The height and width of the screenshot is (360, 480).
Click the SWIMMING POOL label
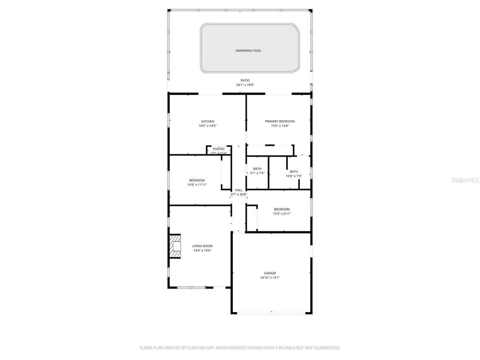(x=248, y=51)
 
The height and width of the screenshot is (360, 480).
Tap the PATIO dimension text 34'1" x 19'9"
(x=245, y=85)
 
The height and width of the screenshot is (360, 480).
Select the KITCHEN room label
(x=207, y=121)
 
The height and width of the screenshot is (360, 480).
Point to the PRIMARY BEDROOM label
(x=280, y=121)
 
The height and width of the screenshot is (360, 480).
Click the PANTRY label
(x=219, y=149)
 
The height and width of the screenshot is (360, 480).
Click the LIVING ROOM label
(x=202, y=246)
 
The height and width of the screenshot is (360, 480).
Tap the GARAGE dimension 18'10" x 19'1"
(x=270, y=278)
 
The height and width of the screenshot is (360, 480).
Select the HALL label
(x=238, y=190)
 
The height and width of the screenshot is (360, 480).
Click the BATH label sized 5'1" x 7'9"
(x=257, y=169)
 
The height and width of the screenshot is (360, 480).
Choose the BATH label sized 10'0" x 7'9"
(x=294, y=172)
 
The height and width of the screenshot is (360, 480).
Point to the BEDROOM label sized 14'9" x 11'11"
(x=197, y=180)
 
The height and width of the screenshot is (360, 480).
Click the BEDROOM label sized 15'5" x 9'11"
(x=282, y=209)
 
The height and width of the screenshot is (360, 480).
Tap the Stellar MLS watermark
(x=465, y=180)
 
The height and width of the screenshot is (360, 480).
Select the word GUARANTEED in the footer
(x=327, y=348)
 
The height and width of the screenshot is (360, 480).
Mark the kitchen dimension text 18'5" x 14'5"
(x=207, y=126)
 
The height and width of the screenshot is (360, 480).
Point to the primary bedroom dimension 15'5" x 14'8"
(x=280, y=126)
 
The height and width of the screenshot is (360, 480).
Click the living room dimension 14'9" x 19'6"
(x=202, y=250)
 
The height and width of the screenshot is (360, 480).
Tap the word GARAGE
(x=270, y=273)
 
